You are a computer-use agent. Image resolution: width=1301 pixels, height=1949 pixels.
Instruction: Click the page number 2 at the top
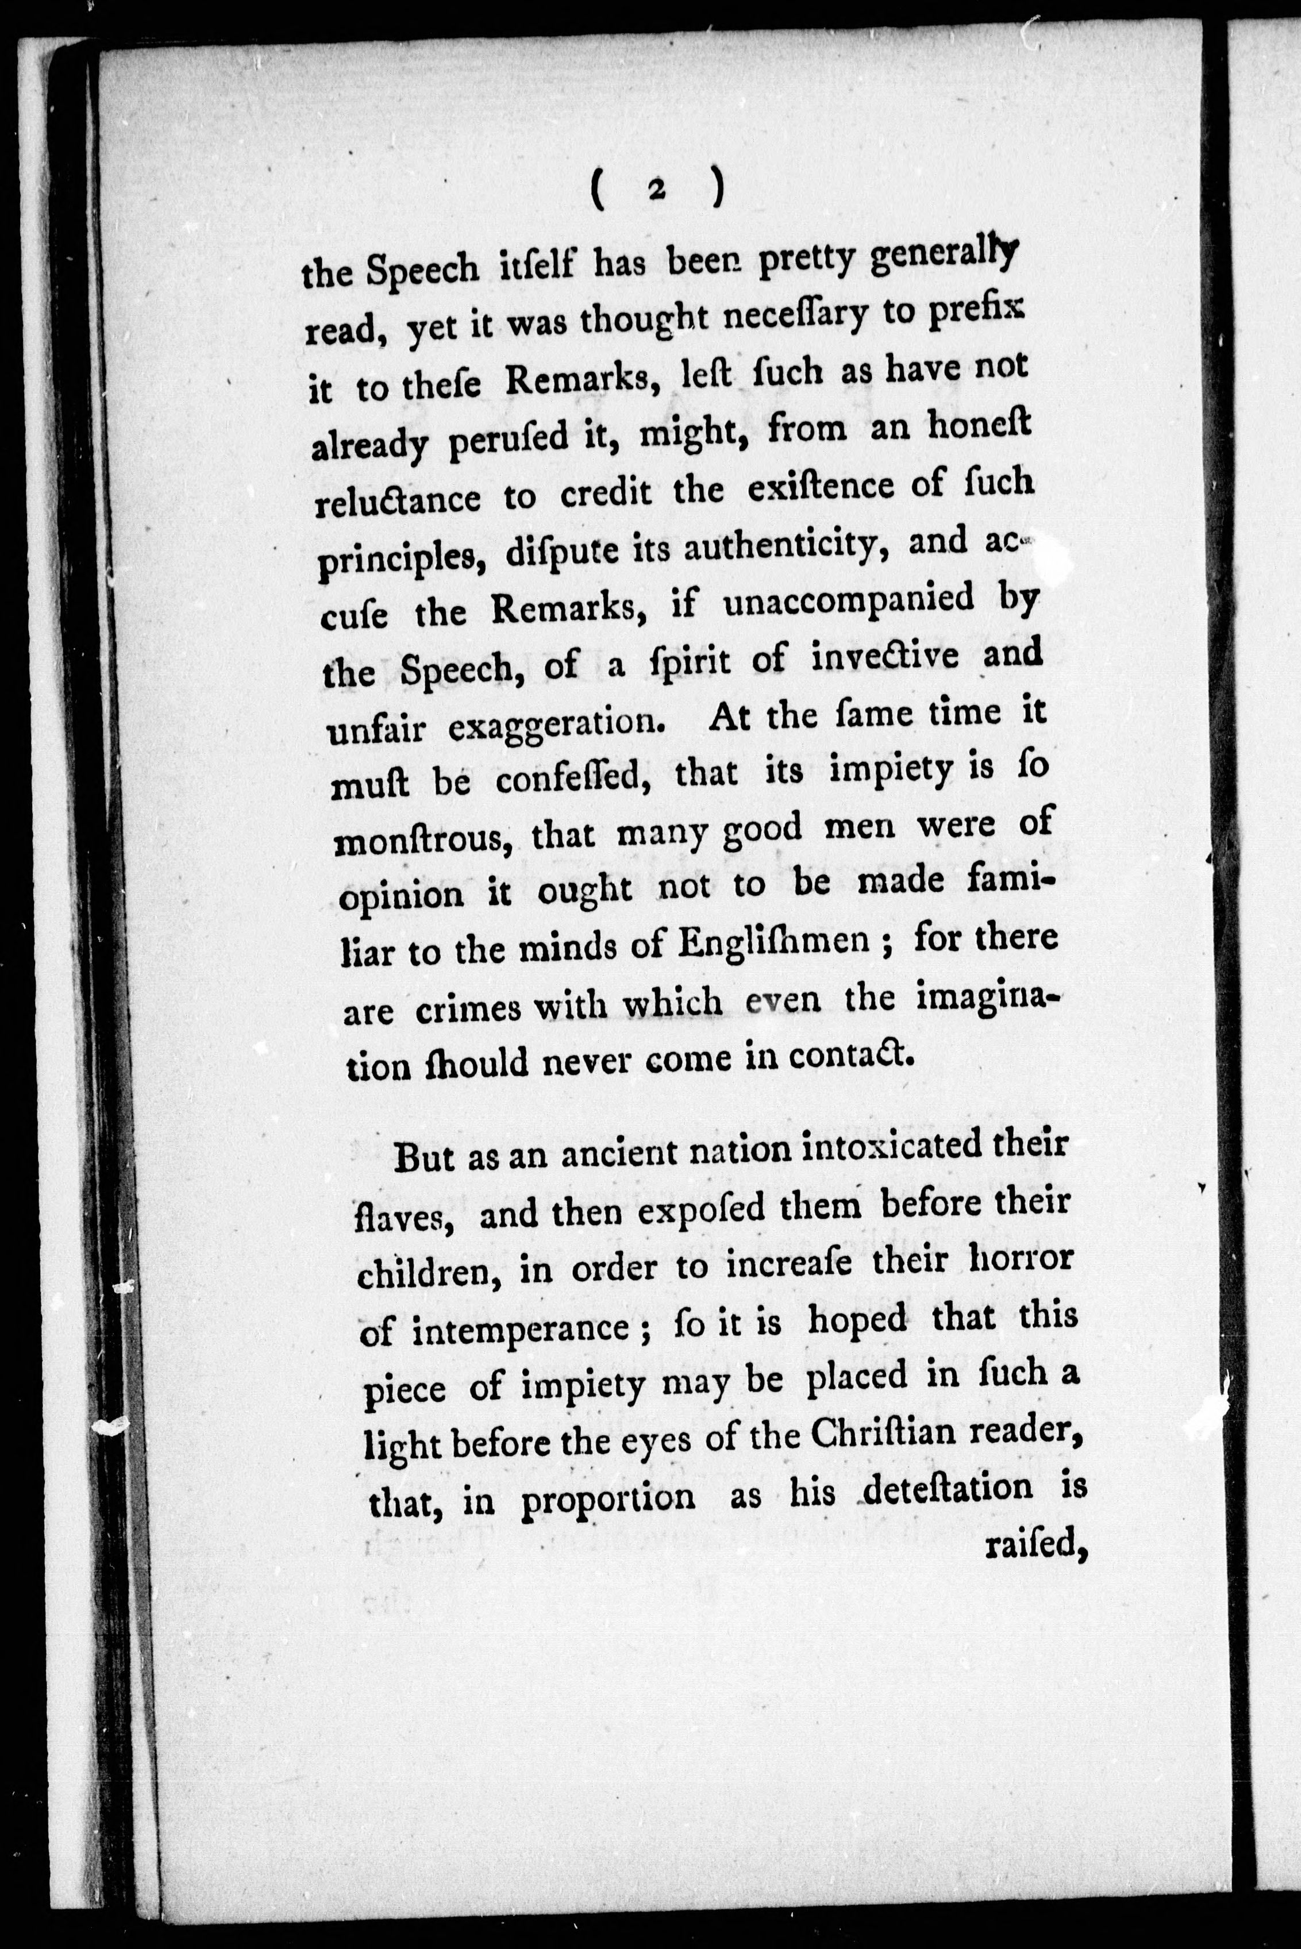pyautogui.click(x=656, y=190)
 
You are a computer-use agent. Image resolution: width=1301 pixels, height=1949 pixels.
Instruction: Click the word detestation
pyautogui.click(x=948, y=1488)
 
